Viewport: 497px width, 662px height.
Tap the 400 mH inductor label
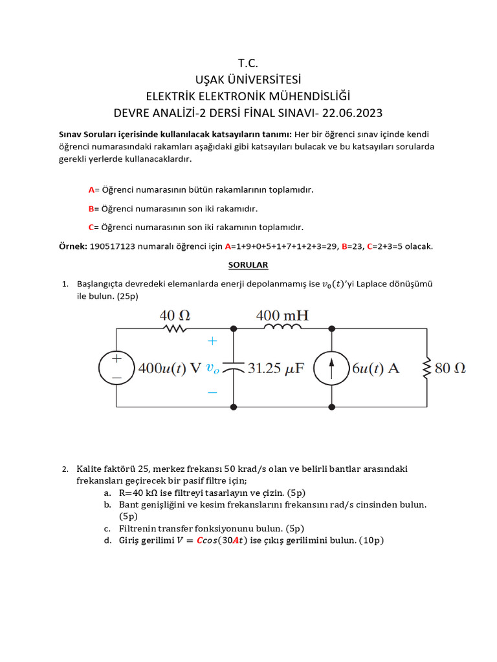tap(282, 315)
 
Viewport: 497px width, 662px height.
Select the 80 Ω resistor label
tap(451, 368)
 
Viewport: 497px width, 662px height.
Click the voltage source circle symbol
tap(117, 367)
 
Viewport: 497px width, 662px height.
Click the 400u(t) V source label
tap(170, 368)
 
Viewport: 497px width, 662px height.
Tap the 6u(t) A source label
tap(375, 368)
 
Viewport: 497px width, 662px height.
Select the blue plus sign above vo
tap(212, 340)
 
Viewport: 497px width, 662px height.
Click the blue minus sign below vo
tap(212, 392)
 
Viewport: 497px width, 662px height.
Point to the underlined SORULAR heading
tap(248, 265)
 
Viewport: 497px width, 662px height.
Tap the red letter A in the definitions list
tap(91, 190)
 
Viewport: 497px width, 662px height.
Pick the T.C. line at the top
tap(248, 63)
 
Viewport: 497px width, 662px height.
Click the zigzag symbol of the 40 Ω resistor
tap(175, 328)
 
